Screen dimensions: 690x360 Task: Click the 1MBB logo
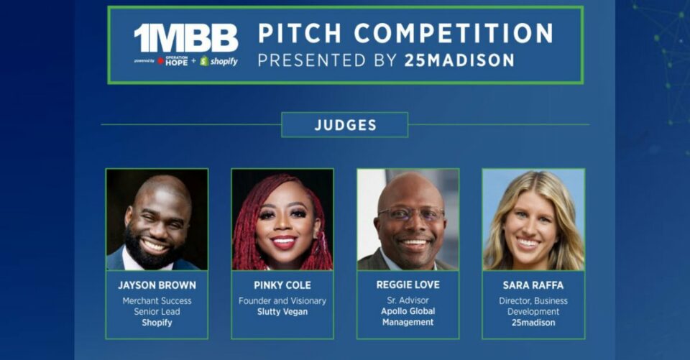(x=186, y=38)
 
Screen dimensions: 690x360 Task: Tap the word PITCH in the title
(x=300, y=34)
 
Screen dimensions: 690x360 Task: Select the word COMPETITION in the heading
(x=454, y=34)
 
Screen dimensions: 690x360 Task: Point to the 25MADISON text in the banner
(x=459, y=60)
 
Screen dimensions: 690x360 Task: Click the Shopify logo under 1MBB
(x=218, y=61)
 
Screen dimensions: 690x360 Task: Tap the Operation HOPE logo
(x=173, y=61)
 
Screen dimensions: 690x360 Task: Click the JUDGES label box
(x=345, y=125)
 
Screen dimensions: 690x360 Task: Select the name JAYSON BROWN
(x=157, y=285)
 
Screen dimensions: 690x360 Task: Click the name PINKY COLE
(x=282, y=285)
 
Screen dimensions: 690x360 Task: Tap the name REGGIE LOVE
(x=408, y=285)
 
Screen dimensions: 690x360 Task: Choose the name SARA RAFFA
(x=533, y=285)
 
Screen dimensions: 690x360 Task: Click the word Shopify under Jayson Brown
(x=157, y=323)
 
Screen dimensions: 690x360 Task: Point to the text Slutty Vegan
(x=282, y=312)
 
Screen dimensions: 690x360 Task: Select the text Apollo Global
(x=408, y=311)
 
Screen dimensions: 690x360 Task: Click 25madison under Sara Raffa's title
(x=533, y=323)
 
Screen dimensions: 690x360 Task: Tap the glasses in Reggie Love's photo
(x=411, y=214)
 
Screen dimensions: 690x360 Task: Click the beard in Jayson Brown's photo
(x=152, y=249)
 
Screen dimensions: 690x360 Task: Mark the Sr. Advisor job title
(x=408, y=300)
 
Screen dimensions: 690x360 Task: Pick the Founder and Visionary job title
(x=282, y=301)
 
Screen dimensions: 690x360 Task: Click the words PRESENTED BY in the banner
(x=328, y=60)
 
